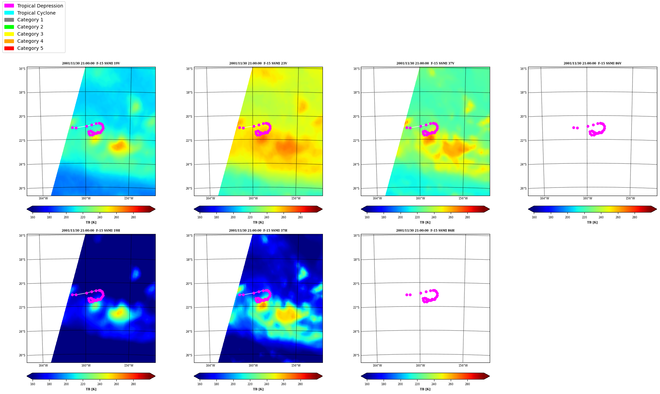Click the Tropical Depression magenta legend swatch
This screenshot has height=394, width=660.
click(x=9, y=6)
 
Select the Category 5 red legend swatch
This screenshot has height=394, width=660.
click(x=9, y=48)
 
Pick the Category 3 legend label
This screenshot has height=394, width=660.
click(x=30, y=34)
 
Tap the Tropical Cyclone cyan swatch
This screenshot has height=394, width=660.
click(x=9, y=13)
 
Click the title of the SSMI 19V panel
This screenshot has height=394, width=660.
click(x=91, y=63)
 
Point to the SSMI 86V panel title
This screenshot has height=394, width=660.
click(x=593, y=63)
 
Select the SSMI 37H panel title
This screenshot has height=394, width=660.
click(x=258, y=231)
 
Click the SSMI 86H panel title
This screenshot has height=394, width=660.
click(x=425, y=231)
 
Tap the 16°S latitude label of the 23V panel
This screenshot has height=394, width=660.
click(x=189, y=69)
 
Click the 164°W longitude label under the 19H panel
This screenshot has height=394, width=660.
click(x=43, y=366)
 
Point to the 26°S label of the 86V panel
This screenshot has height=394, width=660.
click(x=523, y=189)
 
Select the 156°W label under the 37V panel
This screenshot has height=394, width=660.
click(x=463, y=198)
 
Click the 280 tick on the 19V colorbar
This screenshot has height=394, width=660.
click(x=133, y=217)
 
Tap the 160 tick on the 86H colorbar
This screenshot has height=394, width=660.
click(x=367, y=384)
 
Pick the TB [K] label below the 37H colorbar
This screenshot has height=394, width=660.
click(x=258, y=389)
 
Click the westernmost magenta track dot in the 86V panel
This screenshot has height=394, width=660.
click(x=574, y=127)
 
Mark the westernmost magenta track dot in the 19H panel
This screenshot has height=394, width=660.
click(x=72, y=295)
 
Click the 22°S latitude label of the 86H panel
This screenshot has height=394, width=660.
click(x=356, y=308)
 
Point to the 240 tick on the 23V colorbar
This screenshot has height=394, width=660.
click(x=267, y=217)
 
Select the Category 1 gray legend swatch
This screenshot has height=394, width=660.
click(x=9, y=20)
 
